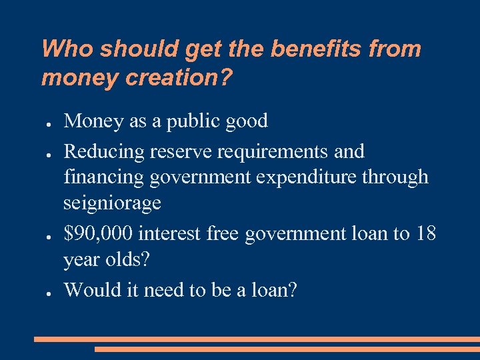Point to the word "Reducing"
pos(104,152)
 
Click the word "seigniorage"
pos(112,203)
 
